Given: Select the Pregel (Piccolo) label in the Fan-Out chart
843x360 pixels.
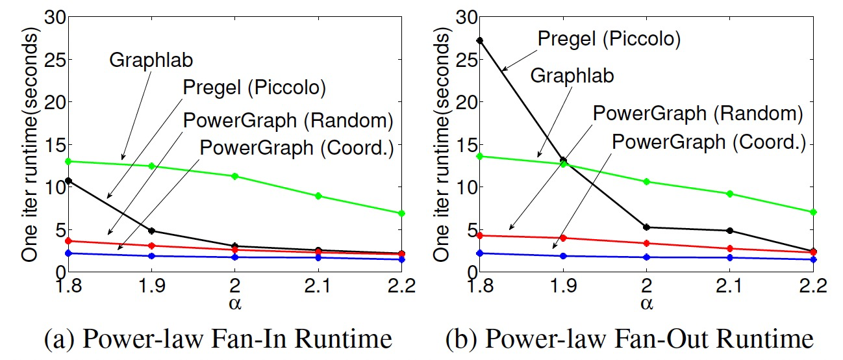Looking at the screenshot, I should pos(609,39).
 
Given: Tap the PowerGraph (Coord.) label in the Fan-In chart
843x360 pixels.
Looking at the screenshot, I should pos(297,148).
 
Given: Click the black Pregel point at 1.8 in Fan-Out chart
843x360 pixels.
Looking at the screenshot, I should pos(480,40).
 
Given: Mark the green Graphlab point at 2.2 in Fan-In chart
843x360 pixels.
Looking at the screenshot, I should pos(401,213).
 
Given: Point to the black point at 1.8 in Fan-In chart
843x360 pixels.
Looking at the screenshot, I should pos(68,181).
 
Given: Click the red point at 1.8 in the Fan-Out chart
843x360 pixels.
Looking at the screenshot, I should pos(480,235).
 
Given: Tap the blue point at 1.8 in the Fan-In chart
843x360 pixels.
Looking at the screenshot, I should pos(68,253).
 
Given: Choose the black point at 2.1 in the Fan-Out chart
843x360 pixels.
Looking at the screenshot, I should pos(731,231).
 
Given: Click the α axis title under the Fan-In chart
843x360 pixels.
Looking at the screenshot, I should pos(234,303).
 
